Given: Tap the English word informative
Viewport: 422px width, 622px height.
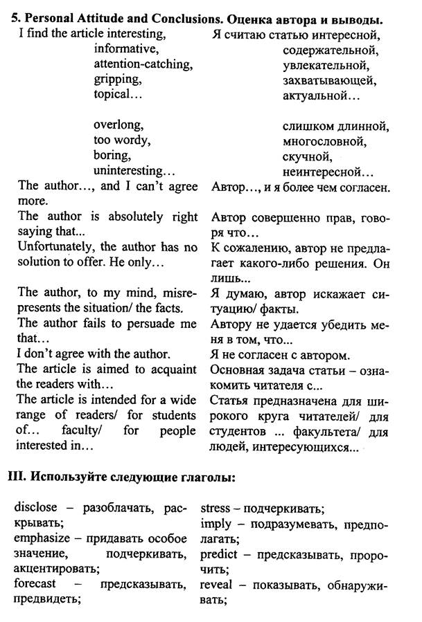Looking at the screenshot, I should pyautogui.click(x=126, y=49).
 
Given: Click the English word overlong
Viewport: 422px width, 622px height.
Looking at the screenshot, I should pyautogui.click(x=118, y=125).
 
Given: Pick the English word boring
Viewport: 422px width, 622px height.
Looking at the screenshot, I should pyautogui.click(x=112, y=155).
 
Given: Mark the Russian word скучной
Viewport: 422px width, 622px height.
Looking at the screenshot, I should pyautogui.click(x=310, y=156).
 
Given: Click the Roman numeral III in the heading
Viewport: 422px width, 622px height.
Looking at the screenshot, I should pyautogui.click(x=16, y=477).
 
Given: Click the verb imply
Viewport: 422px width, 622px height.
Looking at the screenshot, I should pyautogui.click(x=216, y=524).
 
